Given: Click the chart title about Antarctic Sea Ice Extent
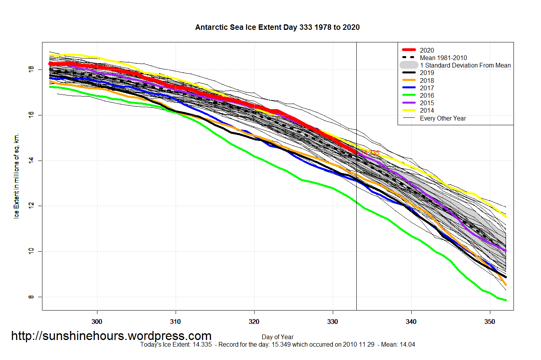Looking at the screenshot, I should pyautogui.click(x=277, y=27).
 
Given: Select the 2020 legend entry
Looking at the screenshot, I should pyautogui.click(x=427, y=50).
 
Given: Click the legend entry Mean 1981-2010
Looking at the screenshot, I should pyautogui.click(x=443, y=58).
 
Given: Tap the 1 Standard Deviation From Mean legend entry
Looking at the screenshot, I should pyautogui.click(x=465, y=65).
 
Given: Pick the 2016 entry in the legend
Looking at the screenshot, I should pyautogui.click(x=427, y=95).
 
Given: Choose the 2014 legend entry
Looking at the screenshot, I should pyautogui.click(x=427, y=110).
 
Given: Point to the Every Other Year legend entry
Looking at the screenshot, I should pyautogui.click(x=443, y=118).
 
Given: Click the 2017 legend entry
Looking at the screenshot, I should pyautogui.click(x=427, y=88).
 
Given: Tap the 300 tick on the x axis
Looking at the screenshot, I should pyautogui.click(x=97, y=322).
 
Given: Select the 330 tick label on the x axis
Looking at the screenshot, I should pyautogui.click(x=332, y=322).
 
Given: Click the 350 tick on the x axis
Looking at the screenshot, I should pyautogui.click(x=490, y=322).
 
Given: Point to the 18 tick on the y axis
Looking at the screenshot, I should pyautogui.click(x=31, y=69).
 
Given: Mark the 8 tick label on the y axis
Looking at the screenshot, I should pyautogui.click(x=31, y=297).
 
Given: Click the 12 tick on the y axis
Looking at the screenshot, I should pyautogui.click(x=31, y=206).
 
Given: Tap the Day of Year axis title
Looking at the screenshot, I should pyautogui.click(x=277, y=337).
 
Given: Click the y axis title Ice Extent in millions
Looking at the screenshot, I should pyautogui.click(x=16, y=176).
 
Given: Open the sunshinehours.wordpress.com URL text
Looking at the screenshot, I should pyautogui.click(x=111, y=336).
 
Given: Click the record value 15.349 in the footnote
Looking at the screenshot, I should pyautogui.click(x=281, y=345).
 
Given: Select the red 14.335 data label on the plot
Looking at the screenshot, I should pyautogui.click(x=370, y=153).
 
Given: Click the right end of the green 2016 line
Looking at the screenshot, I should pyautogui.click(x=505, y=300).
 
